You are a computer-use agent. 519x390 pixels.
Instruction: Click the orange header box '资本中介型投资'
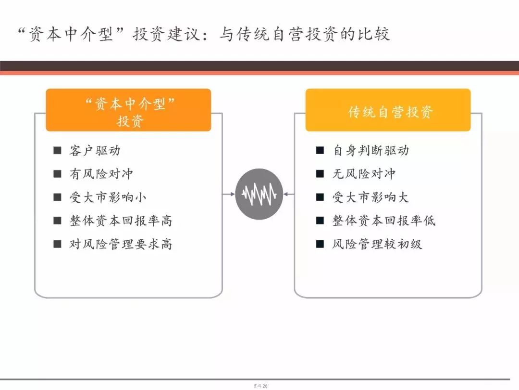128,110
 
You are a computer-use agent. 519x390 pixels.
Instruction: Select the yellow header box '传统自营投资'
388,110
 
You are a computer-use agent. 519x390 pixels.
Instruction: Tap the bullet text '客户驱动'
95,151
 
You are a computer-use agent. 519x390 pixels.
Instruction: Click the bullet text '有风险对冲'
101,174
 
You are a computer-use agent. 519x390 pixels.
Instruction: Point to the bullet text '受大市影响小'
108,197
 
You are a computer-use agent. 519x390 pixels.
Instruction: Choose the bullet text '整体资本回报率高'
121,221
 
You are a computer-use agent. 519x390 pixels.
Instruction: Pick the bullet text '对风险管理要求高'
121,244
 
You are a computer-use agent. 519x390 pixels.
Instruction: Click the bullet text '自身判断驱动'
371,151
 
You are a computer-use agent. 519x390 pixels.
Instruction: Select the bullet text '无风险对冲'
364,174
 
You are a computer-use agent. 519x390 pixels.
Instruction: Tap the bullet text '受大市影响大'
371,197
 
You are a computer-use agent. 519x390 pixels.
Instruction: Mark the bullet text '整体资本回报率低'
384,221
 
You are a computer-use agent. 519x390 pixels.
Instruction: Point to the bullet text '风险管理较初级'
377,244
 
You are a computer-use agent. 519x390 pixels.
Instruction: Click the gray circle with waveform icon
259,194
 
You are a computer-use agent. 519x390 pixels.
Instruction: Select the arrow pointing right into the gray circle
228,194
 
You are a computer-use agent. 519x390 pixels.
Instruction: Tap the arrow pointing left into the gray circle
289,194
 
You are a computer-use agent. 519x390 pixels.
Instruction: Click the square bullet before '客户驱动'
57,151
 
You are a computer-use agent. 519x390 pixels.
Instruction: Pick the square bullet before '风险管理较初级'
320,244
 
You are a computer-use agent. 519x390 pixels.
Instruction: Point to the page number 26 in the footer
265,386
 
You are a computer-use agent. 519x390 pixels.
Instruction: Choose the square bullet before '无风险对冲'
320,174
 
